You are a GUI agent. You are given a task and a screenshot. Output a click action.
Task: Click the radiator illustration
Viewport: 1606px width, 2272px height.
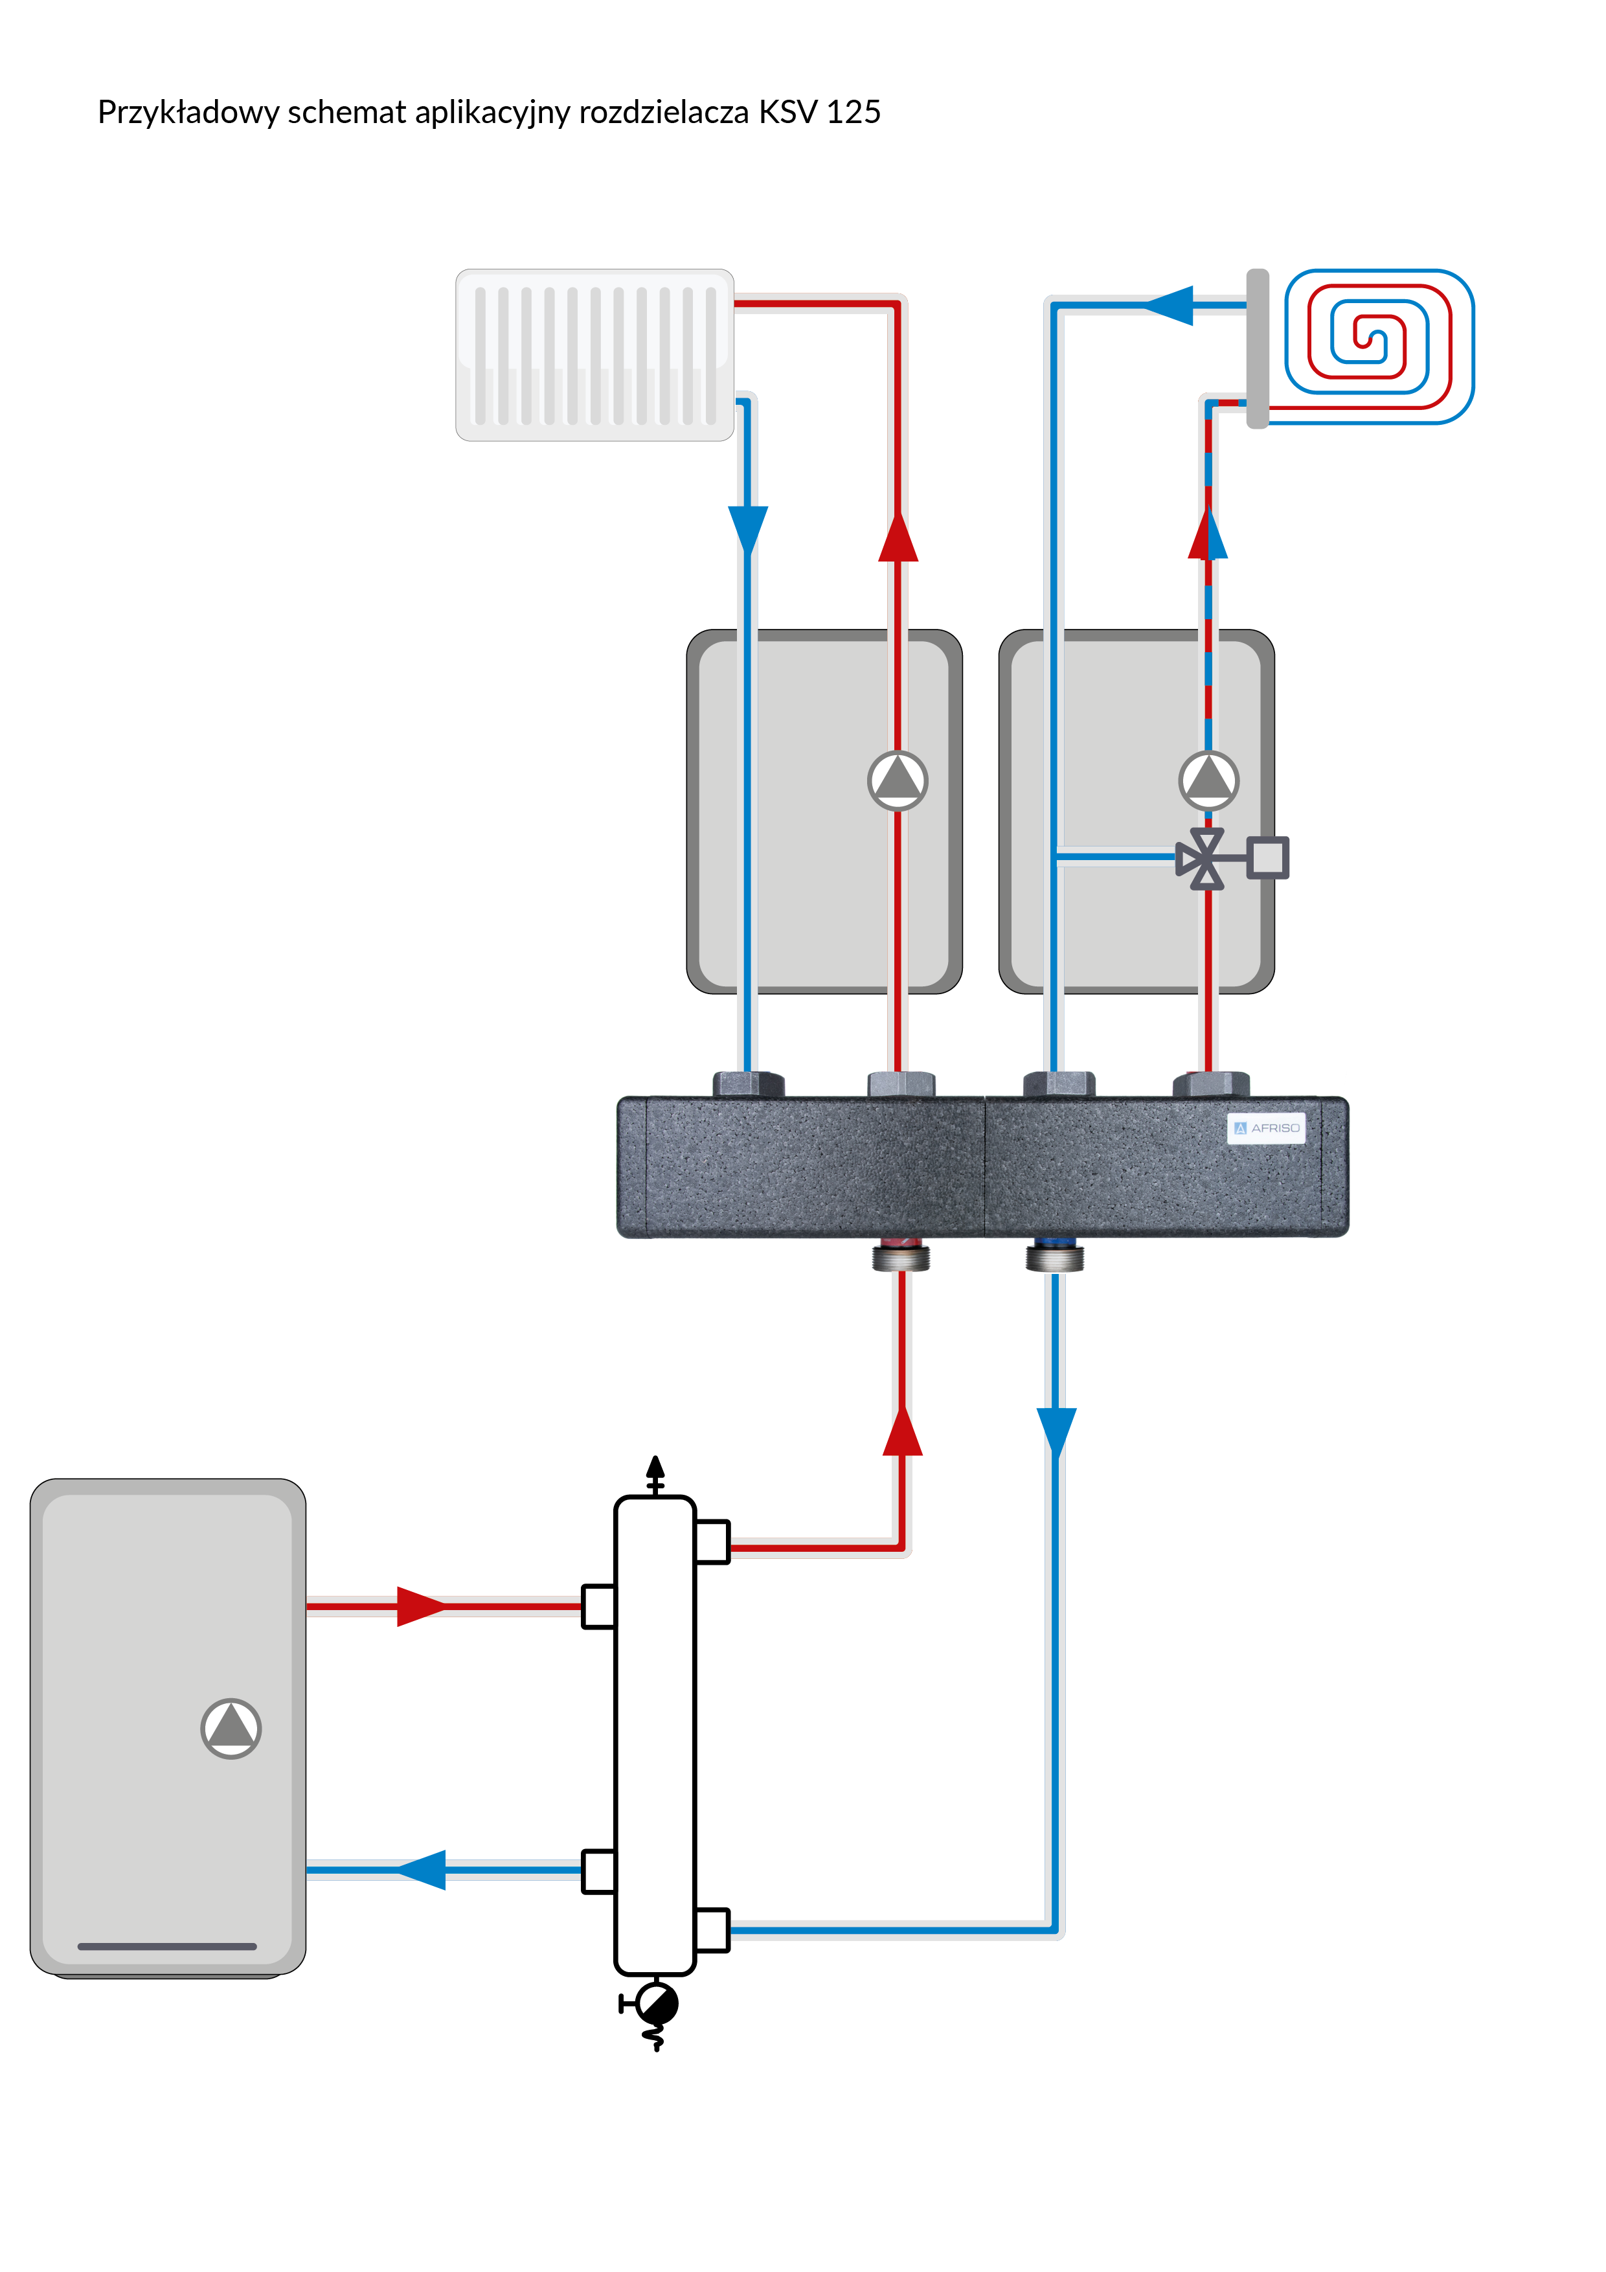pyautogui.click(x=594, y=354)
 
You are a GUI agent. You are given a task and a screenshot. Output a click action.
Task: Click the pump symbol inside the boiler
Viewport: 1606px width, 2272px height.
pyautogui.click(x=231, y=1729)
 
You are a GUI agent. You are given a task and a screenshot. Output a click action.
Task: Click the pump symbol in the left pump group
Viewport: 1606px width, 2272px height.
pyautogui.click(x=898, y=780)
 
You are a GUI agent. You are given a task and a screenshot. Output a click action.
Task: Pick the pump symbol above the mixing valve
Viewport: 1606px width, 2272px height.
pyautogui.click(x=1208, y=780)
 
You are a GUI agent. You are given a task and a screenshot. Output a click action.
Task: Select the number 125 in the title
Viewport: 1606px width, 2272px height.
pyautogui.click(x=853, y=112)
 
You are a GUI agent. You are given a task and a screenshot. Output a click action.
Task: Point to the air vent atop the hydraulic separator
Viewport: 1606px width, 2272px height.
pyautogui.click(x=655, y=1475)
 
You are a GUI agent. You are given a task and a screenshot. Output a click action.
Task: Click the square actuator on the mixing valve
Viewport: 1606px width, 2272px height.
pyautogui.click(x=1267, y=857)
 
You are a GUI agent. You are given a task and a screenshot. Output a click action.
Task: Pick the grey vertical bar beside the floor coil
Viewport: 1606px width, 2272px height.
pyautogui.click(x=1258, y=348)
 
